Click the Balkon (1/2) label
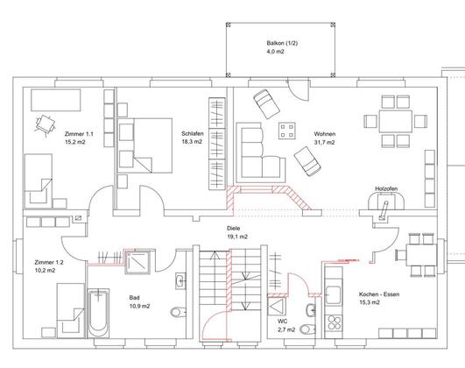pos(282,43)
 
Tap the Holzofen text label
pos(386,188)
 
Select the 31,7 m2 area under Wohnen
pos(324,143)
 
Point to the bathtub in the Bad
pos(98,313)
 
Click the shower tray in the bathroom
pos(137,262)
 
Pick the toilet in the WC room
pos(307,329)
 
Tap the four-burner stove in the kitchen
pos(335,322)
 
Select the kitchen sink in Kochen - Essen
pos(334,294)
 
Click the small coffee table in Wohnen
pos(286,131)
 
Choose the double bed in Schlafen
pos(144,145)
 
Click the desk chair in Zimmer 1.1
pos(46,125)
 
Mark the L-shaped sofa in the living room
pos(261,152)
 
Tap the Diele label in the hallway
pos(234,229)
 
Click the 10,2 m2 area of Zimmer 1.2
pos(45,271)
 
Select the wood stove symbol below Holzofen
pos(386,202)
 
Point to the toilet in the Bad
pos(179,312)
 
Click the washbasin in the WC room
pos(311,310)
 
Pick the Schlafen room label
pos(193,133)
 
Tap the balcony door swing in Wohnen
pos(298,90)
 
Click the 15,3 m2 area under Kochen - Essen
pos(370,302)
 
